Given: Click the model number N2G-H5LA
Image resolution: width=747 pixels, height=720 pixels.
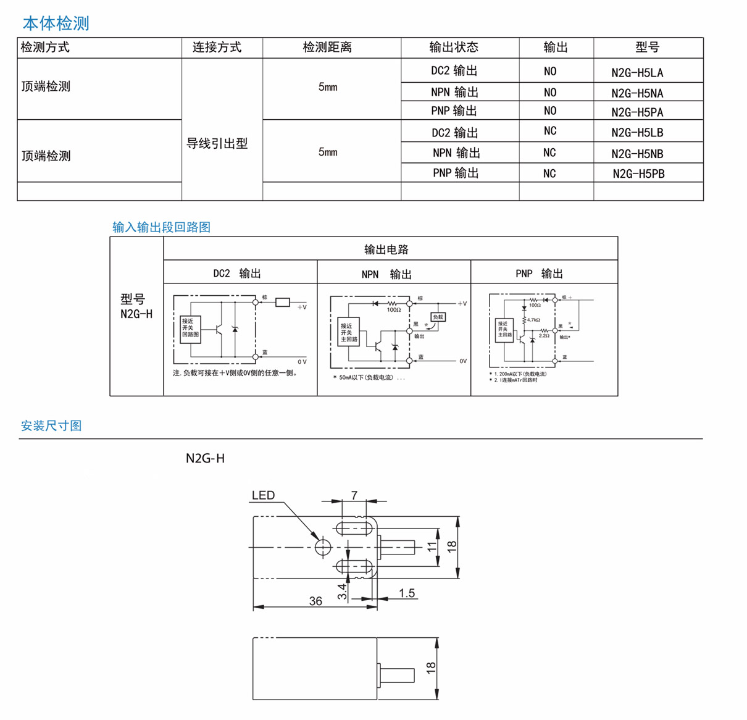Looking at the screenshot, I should tap(637, 73).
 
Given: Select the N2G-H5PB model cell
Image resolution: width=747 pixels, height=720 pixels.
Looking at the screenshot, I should tap(638, 174).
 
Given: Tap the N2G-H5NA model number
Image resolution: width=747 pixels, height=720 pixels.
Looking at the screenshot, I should tap(637, 93).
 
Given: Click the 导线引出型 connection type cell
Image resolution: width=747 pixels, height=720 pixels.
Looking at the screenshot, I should tap(217, 144).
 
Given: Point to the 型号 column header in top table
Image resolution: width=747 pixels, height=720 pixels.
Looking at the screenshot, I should tap(647, 48).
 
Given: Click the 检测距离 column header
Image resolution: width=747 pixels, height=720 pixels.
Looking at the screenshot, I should tap(327, 48).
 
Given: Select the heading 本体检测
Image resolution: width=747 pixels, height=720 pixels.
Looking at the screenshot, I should tap(56, 23).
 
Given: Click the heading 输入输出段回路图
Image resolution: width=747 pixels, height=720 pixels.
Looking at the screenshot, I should tap(162, 227).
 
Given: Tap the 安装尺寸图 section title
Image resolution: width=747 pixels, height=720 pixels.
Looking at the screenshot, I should tap(51, 425).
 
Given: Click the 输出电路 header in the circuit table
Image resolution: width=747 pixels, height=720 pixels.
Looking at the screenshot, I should tap(386, 249).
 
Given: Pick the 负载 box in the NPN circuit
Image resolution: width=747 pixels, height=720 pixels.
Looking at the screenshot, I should tap(438, 317).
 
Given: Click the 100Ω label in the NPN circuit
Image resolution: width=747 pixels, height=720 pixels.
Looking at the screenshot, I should tap(393, 310).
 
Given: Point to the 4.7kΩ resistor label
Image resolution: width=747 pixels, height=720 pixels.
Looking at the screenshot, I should tap(533, 320).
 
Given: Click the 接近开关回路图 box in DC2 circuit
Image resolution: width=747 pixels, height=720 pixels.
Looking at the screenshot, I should tap(190, 329).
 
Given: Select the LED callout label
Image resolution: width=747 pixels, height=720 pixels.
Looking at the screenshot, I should tap(263, 495).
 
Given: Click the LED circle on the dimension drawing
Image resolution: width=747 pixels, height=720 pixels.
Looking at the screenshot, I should tap(323, 547).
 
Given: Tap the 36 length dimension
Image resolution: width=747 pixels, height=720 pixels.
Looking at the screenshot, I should tap(315, 601).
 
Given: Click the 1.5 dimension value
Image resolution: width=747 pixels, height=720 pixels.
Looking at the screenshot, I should tap(406, 593).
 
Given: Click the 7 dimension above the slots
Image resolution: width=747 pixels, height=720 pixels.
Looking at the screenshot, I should tap(354, 495).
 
